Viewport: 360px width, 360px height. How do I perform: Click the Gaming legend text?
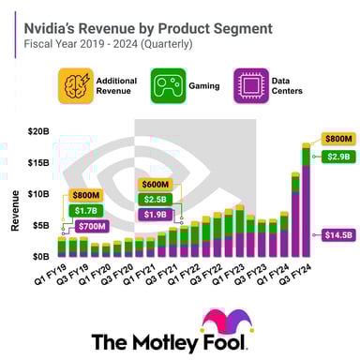click(210, 86)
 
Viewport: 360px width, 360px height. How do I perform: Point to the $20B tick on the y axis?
click(37, 130)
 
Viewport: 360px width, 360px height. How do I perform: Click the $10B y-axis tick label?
click(37, 194)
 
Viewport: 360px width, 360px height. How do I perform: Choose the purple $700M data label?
click(91, 227)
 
